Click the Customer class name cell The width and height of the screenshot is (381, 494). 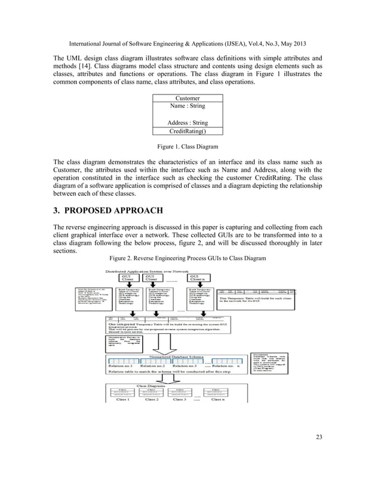[187, 98]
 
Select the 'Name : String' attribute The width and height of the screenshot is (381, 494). [187, 106]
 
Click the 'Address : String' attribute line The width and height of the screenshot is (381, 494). [187, 123]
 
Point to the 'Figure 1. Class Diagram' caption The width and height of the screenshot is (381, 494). [187, 146]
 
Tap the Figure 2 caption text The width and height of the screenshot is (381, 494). [187, 258]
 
